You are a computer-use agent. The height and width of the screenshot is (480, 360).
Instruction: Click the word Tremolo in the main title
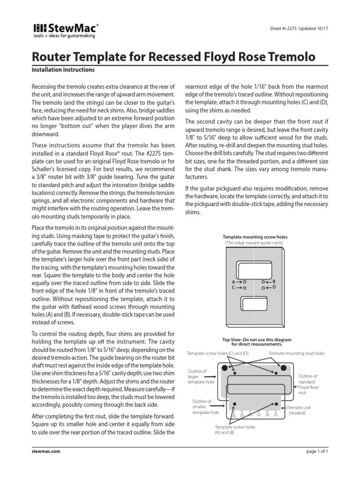[288, 58]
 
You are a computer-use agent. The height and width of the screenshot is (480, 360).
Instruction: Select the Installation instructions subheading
[63, 70]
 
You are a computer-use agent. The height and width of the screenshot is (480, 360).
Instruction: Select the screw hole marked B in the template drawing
[264, 282]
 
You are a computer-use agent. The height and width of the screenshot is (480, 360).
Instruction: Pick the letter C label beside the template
[233, 287]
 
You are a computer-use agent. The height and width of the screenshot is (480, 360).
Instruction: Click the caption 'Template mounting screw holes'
[255, 238]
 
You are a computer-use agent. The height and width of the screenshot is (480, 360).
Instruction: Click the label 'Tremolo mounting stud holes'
[296, 353]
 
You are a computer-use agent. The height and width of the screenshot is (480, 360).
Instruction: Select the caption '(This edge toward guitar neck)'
[255, 243]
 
